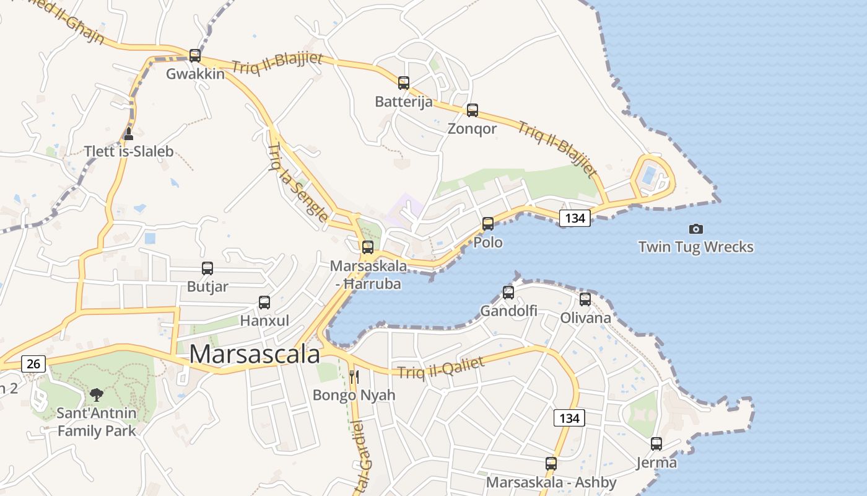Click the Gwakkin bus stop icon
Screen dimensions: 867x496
click(x=195, y=56)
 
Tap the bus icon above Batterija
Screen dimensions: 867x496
click(x=404, y=82)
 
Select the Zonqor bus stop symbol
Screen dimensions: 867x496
click(x=473, y=110)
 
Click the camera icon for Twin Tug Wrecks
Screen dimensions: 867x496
click(x=696, y=229)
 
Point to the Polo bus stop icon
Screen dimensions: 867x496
click(x=488, y=224)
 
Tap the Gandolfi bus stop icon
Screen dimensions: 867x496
click(x=508, y=292)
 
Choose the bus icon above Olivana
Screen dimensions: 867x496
click(x=585, y=299)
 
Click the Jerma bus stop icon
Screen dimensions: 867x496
click(x=656, y=444)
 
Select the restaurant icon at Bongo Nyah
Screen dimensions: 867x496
click(x=354, y=376)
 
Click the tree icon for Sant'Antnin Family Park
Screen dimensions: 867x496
click(x=96, y=394)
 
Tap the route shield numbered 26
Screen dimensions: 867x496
click(x=33, y=363)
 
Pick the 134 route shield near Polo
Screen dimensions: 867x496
click(x=575, y=218)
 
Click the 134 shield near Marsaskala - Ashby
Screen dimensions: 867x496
click(x=569, y=418)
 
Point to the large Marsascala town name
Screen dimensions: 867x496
click(x=255, y=355)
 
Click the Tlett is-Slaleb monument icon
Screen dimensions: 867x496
click(x=129, y=133)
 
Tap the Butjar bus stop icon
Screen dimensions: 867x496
click(x=207, y=268)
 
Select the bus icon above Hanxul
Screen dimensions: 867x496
click(x=264, y=303)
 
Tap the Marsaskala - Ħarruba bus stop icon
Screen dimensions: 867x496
click(x=368, y=247)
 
